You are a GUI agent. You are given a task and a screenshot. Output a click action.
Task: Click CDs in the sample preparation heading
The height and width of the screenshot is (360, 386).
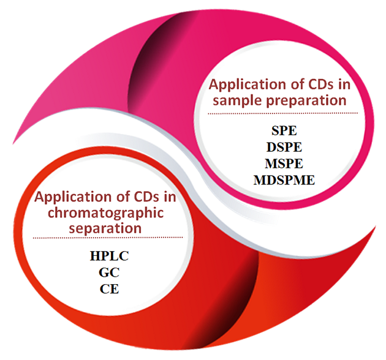coord(313,84)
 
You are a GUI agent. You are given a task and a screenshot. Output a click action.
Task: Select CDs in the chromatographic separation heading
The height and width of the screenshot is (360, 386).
coord(140,198)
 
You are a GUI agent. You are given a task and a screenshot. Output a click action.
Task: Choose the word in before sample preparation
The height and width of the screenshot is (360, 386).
coord(335,84)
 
